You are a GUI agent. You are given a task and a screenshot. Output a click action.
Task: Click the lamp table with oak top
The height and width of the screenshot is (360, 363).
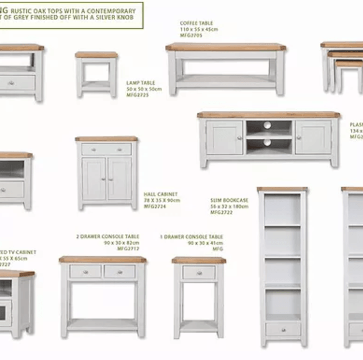click(97, 73)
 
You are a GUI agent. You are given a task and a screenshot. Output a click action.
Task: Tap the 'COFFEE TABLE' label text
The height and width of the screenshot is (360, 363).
click(196, 24)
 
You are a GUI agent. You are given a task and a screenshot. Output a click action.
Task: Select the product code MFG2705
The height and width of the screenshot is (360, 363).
click(191, 36)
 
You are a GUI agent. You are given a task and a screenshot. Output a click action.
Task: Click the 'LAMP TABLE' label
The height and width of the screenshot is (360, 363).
click(140, 82)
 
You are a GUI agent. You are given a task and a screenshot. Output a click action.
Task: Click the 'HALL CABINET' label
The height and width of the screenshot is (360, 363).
click(161, 194)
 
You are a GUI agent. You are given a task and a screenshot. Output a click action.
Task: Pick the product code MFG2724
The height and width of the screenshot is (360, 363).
click(155, 206)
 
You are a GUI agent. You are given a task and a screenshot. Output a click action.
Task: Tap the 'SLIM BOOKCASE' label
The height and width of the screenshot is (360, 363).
click(229, 201)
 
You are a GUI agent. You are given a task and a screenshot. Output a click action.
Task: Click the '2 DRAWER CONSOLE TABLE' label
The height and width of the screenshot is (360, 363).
click(108, 237)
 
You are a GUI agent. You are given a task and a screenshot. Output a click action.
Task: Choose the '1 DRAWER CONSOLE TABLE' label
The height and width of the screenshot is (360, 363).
click(191, 237)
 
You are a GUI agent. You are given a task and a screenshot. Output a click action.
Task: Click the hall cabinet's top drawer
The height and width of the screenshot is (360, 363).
click(106, 149)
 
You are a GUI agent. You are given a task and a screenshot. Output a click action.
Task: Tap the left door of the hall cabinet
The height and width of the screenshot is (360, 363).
click(94, 178)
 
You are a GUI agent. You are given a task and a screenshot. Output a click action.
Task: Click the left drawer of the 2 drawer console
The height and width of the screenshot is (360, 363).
click(86, 272)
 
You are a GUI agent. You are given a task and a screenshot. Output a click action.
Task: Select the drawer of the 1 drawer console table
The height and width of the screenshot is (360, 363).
click(199, 272)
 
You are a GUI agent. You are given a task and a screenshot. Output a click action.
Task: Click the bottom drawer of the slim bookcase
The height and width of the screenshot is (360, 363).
click(282, 329)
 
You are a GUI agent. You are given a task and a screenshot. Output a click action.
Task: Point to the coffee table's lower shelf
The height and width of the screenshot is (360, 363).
click(225, 80)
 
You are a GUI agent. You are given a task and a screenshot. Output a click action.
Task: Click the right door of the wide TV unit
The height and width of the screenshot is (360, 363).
click(313, 138)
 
